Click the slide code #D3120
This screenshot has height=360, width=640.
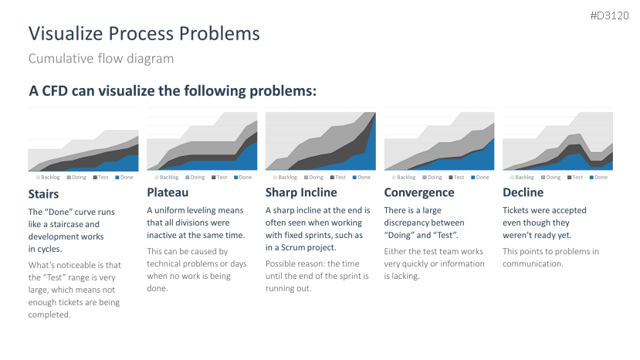click(609, 15)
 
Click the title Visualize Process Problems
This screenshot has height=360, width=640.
click(144, 33)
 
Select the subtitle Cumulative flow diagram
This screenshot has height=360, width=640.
click(101, 59)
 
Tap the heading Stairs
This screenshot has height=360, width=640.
click(43, 194)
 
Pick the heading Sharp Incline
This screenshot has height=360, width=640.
click(301, 192)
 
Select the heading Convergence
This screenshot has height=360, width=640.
click(419, 192)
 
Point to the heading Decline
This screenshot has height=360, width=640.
click(523, 192)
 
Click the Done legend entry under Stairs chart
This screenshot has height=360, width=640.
click(124, 178)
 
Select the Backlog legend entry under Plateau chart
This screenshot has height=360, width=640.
click(167, 178)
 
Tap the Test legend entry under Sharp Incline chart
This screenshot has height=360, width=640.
click(338, 178)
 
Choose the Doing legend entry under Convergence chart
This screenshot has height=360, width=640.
click(432, 178)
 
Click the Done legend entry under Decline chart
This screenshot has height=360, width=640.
click(598, 178)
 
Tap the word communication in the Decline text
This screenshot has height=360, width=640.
click(532, 264)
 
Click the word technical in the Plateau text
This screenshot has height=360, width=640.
click(164, 264)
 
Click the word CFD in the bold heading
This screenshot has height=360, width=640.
click(55, 90)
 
